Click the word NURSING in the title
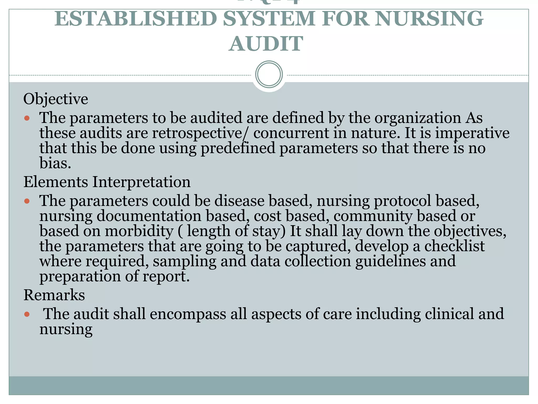click(429, 19)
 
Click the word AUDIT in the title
click(266, 44)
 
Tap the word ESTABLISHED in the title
click(136, 19)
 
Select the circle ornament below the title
click(269, 74)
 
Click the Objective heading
click(56, 99)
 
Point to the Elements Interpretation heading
click(107, 182)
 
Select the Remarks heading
click(54, 295)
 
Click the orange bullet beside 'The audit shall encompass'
click(27, 314)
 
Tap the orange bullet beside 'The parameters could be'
click(27, 201)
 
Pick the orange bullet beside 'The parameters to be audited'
click(27, 118)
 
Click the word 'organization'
click(417, 118)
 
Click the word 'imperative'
click(472, 133)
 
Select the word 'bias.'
click(55, 163)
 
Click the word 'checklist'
click(454, 246)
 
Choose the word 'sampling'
click(184, 261)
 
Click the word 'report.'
click(166, 277)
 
